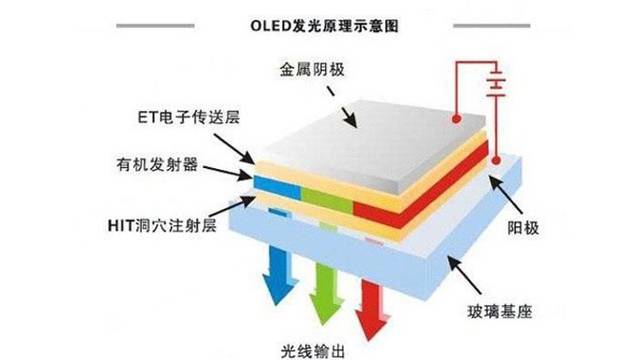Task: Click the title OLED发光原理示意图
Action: point(324,25)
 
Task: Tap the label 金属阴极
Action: point(312,69)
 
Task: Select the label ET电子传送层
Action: point(189,118)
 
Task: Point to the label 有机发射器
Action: point(157,165)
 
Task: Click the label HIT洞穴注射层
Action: point(162,225)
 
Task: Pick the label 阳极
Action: point(523,228)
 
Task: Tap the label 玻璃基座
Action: point(500,312)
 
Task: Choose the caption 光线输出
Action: point(313,352)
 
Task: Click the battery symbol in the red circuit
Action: point(496,83)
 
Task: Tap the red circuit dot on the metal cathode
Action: point(456,119)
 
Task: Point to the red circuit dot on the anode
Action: point(496,160)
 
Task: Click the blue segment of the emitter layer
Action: point(277,186)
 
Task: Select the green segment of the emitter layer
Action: point(327,199)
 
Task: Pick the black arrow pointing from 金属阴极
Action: point(342,107)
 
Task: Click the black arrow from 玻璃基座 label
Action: point(464,275)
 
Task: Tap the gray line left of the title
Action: point(155,26)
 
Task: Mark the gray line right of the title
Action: point(492,26)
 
